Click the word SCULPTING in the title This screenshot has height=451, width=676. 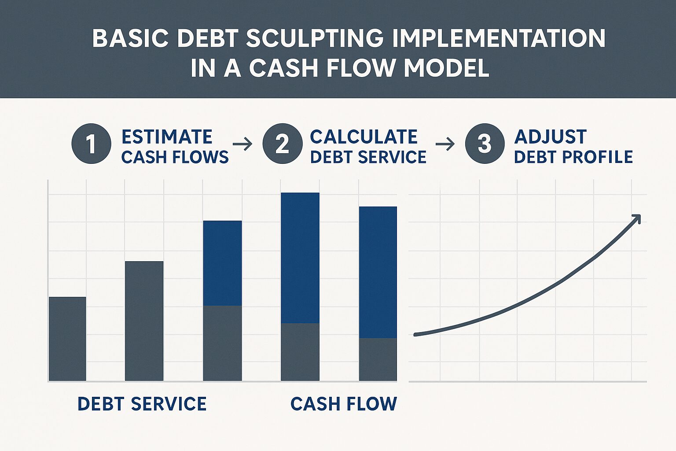(x=315, y=38)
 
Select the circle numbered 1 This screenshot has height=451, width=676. (x=91, y=144)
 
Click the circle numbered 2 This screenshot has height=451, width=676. (x=283, y=144)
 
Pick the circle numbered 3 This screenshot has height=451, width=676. (x=485, y=144)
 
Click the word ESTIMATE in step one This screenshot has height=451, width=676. (x=167, y=137)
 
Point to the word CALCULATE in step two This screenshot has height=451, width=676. (x=364, y=137)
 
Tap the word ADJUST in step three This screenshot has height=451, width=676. (x=551, y=137)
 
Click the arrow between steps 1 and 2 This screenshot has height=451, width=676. (x=242, y=144)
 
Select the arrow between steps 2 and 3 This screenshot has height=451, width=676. (x=445, y=144)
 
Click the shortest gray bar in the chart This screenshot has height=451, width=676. (x=67, y=339)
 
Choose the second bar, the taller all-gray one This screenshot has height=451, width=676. (x=144, y=321)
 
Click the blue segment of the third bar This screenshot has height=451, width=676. (x=222, y=263)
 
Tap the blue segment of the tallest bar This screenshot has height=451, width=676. (x=300, y=258)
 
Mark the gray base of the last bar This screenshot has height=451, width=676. (x=378, y=359)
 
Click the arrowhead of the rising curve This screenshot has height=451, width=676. (x=636, y=218)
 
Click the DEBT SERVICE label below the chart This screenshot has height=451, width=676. (x=142, y=404)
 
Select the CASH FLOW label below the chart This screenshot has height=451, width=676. (x=344, y=404)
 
